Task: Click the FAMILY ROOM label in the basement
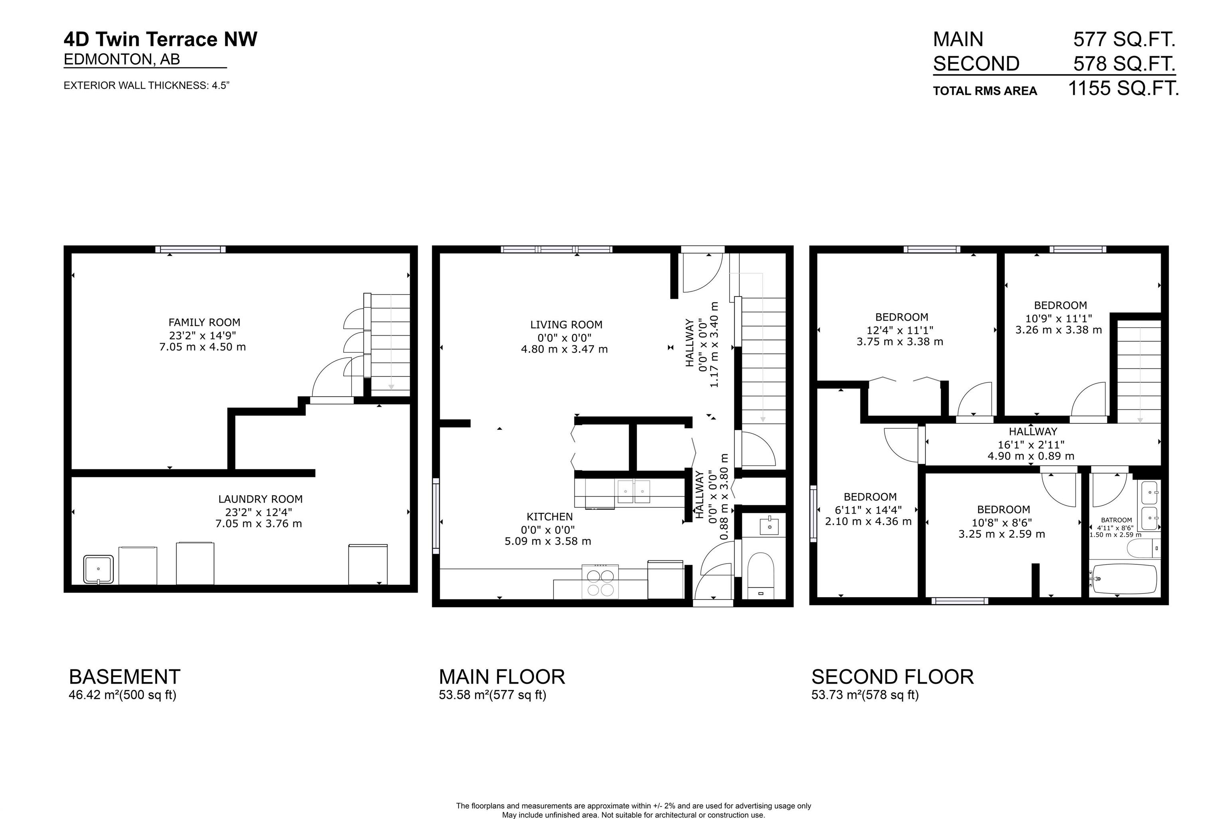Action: pos(204,322)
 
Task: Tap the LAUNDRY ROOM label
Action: pos(260,499)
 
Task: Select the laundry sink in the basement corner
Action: pos(98,569)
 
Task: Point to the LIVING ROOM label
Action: pos(566,324)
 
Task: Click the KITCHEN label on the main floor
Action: pos(549,516)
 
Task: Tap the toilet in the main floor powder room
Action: pos(760,576)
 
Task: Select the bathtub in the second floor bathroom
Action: pos(1124,579)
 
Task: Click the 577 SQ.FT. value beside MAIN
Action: pos(1124,39)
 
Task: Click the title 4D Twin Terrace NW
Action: pos(160,39)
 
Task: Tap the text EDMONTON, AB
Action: pos(122,59)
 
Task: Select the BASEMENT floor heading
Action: pos(124,677)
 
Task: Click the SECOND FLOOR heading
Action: pos(892,677)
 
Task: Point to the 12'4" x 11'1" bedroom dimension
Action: pos(900,330)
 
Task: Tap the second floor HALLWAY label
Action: pos(1032,431)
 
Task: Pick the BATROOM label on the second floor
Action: pos(1116,520)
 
